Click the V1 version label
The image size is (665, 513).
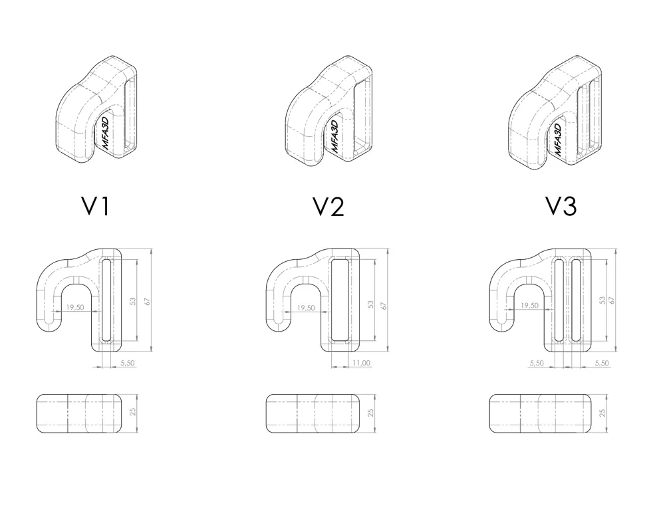(x=95, y=206)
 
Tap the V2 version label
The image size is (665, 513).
(x=329, y=207)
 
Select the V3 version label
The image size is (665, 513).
(x=561, y=207)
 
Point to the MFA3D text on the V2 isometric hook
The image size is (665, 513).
(x=334, y=136)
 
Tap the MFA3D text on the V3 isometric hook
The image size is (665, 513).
(x=558, y=140)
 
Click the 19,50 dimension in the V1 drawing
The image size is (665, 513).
(x=74, y=308)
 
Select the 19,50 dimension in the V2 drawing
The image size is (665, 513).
(x=306, y=308)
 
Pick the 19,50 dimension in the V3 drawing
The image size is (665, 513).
(x=529, y=305)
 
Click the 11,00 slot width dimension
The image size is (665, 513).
(x=361, y=363)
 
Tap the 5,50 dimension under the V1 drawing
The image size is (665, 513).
(x=128, y=363)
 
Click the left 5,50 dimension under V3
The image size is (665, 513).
(x=537, y=363)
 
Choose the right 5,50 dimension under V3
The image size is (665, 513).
(x=601, y=363)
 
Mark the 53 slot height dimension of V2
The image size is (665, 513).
(x=370, y=304)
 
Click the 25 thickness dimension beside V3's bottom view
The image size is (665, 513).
(x=602, y=413)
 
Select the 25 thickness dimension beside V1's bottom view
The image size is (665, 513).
(x=133, y=411)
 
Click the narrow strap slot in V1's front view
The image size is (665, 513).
(x=106, y=300)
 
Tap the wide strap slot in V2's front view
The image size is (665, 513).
(x=340, y=300)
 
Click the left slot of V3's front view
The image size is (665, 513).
(x=559, y=300)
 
